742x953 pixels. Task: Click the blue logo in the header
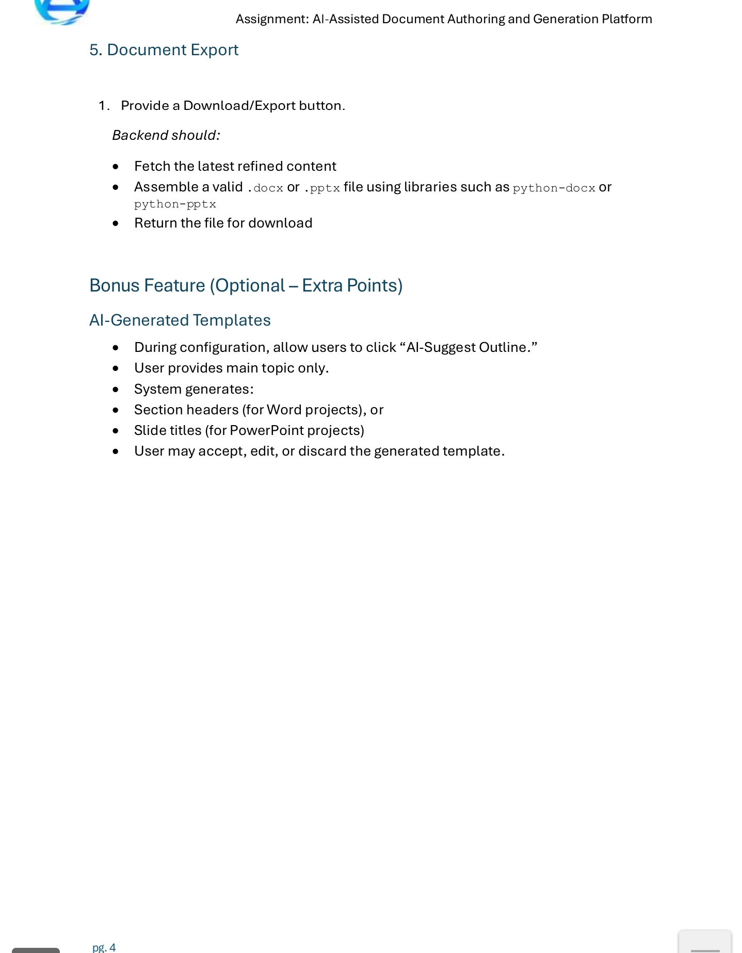(x=62, y=10)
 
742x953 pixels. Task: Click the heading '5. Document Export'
(x=164, y=50)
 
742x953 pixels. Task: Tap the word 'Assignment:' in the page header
(x=272, y=19)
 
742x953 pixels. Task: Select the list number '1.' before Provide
(x=104, y=106)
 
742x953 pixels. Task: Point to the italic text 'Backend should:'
(x=166, y=135)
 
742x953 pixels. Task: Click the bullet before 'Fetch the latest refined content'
(x=116, y=167)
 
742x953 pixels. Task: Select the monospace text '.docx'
(x=265, y=188)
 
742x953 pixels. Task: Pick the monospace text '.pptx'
(x=322, y=188)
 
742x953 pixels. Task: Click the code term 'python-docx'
(x=554, y=188)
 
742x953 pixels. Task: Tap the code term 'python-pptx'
(x=175, y=204)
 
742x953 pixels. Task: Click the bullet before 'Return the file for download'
(x=116, y=223)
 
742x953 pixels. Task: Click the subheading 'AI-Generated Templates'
(x=180, y=320)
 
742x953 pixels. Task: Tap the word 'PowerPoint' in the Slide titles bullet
(x=266, y=430)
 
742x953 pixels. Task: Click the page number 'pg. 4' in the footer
(x=104, y=947)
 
